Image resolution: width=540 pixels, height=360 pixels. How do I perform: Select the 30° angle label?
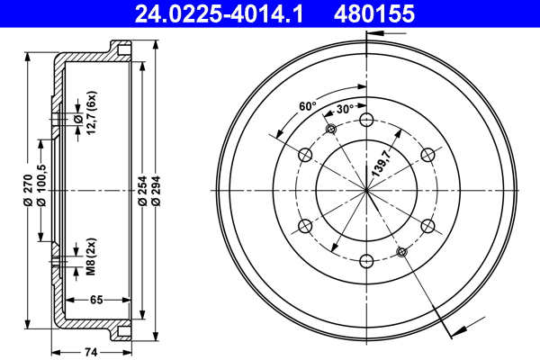coord(344,110)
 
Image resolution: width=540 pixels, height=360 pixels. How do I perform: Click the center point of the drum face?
coord(366,190)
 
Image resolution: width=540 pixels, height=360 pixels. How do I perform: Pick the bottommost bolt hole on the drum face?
coord(366,261)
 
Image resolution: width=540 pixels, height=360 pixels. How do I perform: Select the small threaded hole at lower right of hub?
coord(401,251)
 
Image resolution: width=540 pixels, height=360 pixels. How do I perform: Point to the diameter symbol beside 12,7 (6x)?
coord(79,119)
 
